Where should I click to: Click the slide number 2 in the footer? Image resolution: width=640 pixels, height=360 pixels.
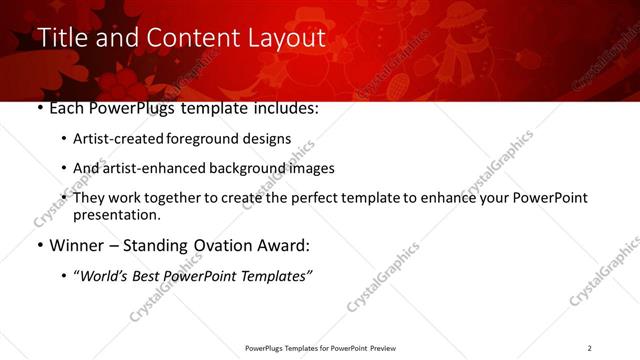click(589, 348)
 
